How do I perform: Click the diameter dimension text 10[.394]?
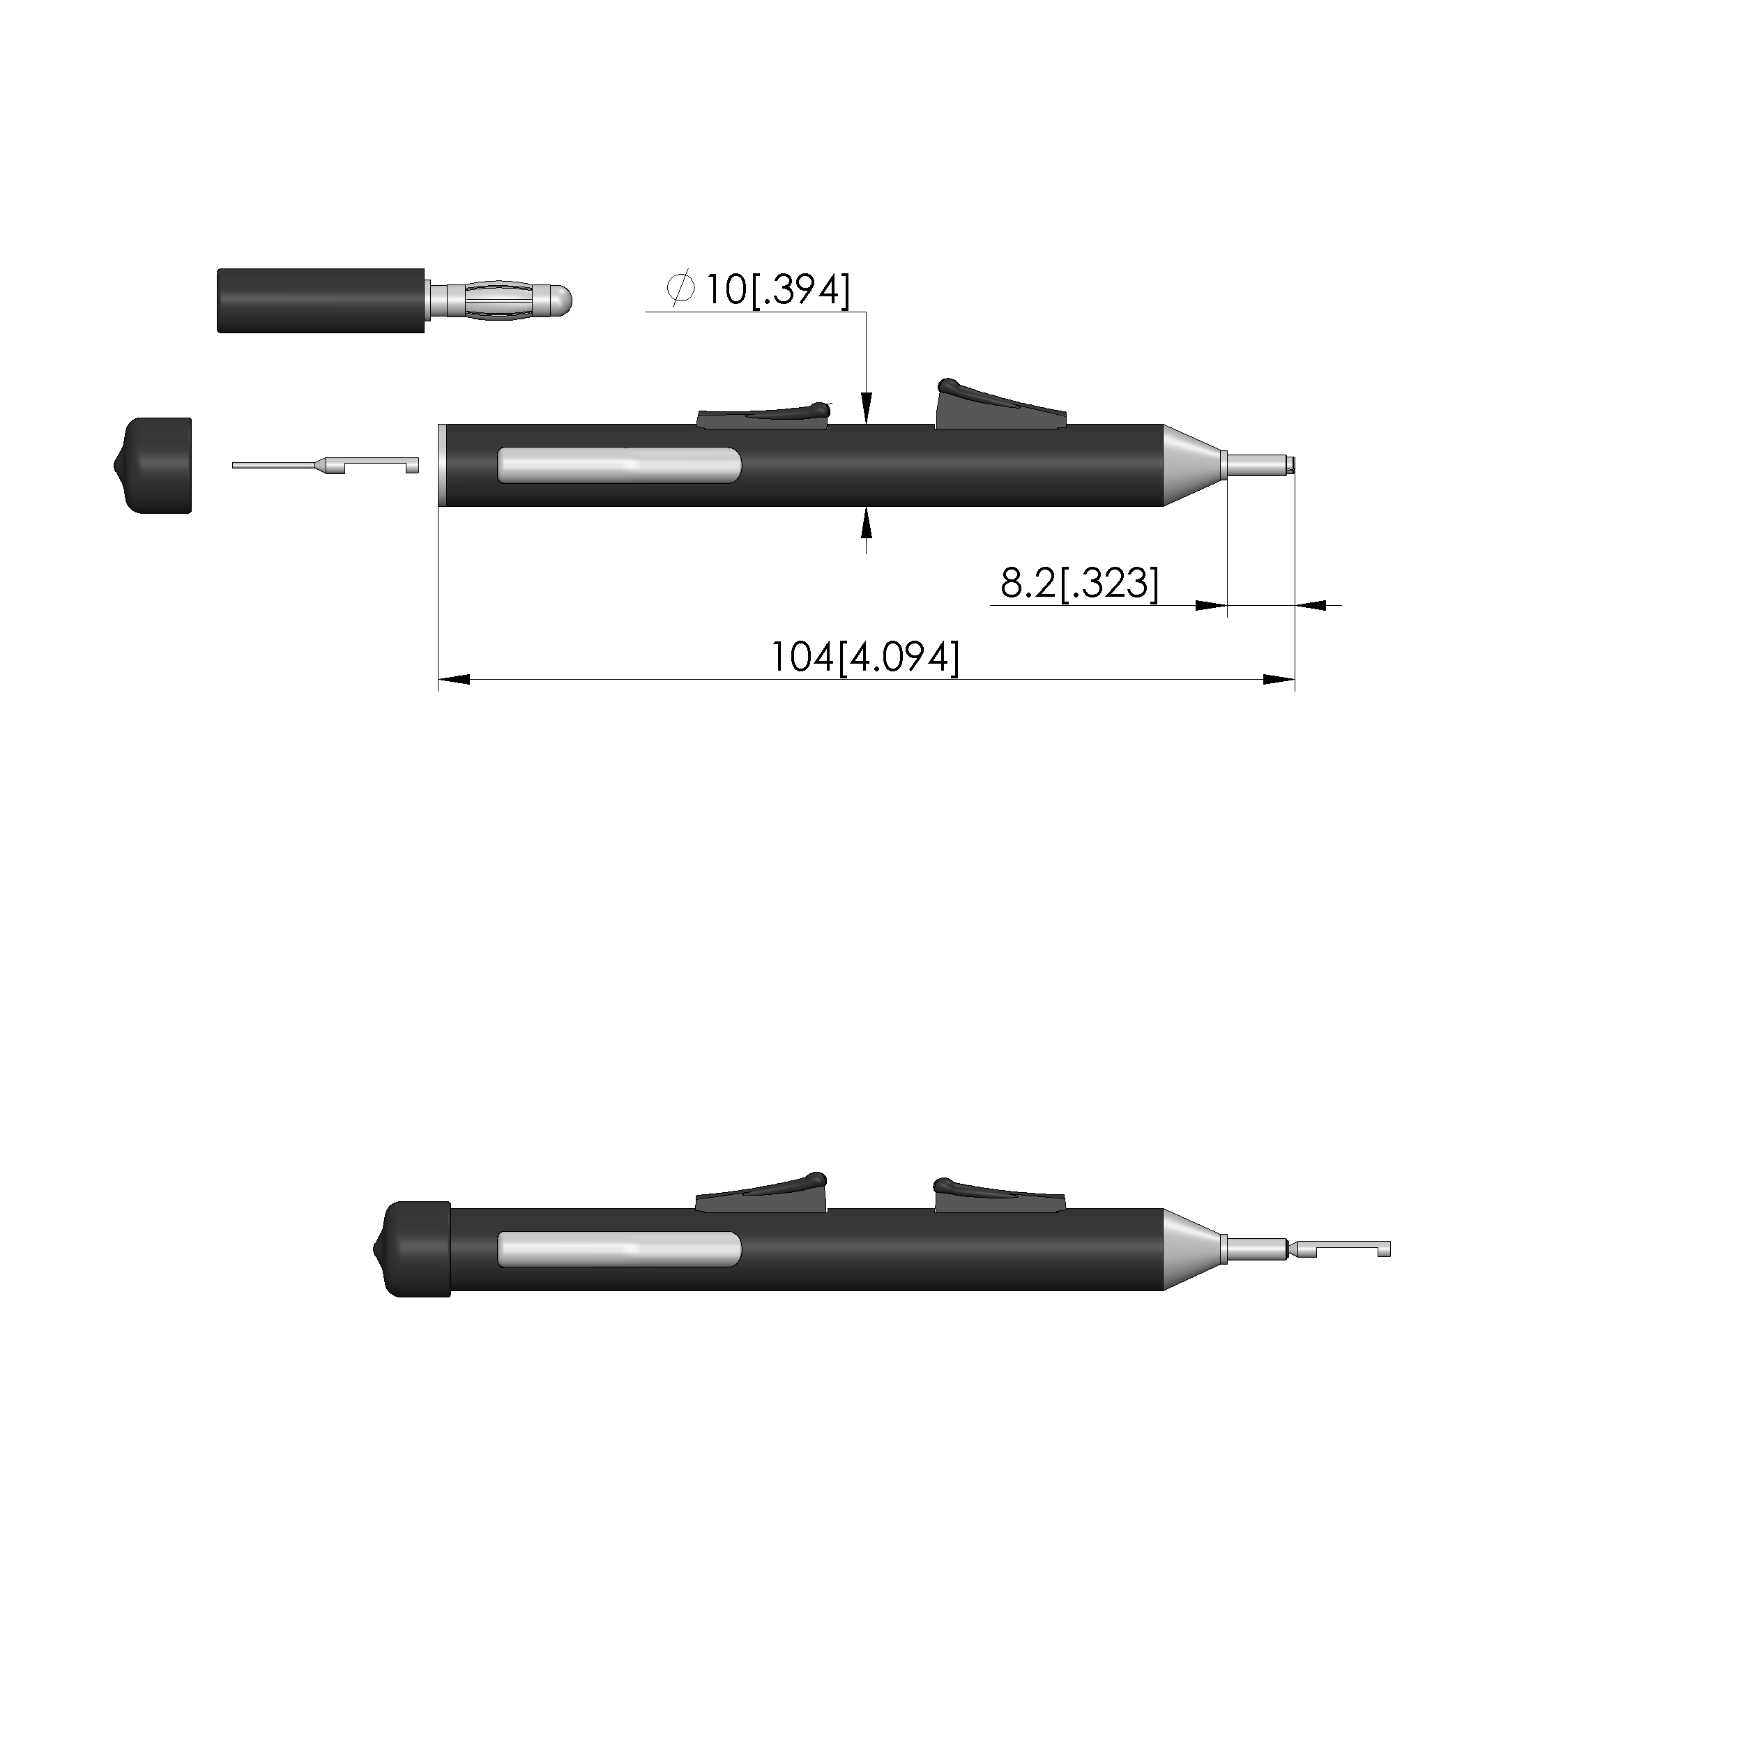point(777,290)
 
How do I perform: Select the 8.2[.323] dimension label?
point(1079,583)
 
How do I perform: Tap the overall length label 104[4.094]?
point(864,657)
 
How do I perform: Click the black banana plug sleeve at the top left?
point(321,300)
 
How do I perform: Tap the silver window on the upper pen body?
point(620,464)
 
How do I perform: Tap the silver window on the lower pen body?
point(620,1249)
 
